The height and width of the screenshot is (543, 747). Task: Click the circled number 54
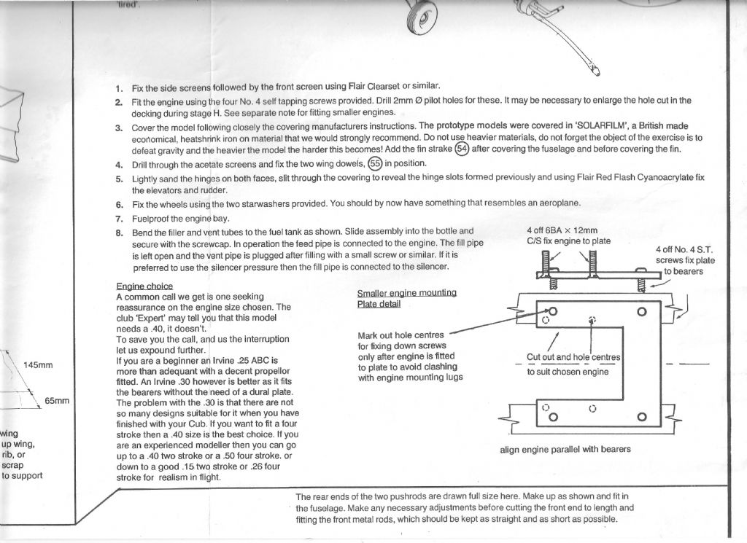(x=462, y=149)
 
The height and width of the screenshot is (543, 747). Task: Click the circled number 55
(x=375, y=163)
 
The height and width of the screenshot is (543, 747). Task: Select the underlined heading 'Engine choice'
(x=144, y=286)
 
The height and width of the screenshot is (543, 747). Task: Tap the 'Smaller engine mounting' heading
(x=406, y=293)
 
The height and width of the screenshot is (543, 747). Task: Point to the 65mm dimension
(x=56, y=401)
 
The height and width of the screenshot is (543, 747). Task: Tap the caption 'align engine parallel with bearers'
(x=565, y=449)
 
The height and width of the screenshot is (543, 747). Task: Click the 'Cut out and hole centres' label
(x=573, y=357)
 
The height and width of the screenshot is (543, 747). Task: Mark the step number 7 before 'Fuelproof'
(x=119, y=218)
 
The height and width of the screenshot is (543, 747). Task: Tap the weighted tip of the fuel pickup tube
(x=596, y=71)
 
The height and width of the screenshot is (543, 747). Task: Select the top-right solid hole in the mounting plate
(x=641, y=311)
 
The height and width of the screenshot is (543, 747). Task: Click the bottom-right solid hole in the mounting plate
(x=641, y=417)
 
